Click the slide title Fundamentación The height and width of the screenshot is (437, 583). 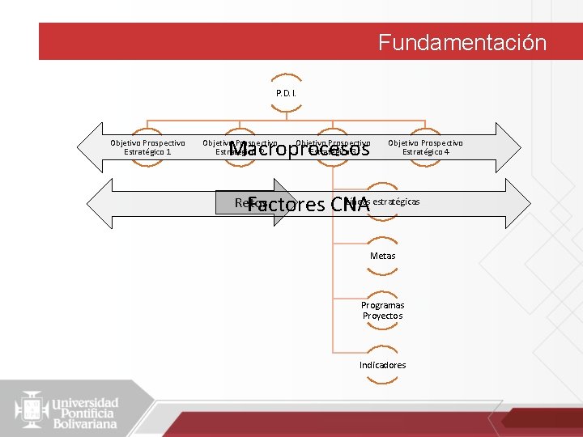click(x=462, y=42)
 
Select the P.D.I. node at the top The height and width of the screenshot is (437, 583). click(x=286, y=93)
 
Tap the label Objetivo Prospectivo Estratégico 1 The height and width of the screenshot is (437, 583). click(x=147, y=147)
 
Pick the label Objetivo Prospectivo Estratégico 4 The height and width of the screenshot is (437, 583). click(x=425, y=147)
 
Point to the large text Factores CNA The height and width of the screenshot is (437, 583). click(x=309, y=205)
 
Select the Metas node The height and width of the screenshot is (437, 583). click(x=382, y=256)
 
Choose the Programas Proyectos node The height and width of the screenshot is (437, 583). click(x=382, y=310)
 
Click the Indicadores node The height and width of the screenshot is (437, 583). click(x=382, y=365)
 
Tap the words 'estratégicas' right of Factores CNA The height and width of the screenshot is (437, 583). click(x=397, y=201)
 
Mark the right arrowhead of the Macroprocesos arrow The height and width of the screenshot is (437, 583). click(x=509, y=147)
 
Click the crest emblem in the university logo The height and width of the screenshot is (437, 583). click(x=32, y=409)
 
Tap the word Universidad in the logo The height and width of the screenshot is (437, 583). click(x=86, y=402)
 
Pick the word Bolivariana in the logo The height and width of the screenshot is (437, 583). click(x=86, y=423)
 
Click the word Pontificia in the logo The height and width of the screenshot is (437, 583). click(x=84, y=413)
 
